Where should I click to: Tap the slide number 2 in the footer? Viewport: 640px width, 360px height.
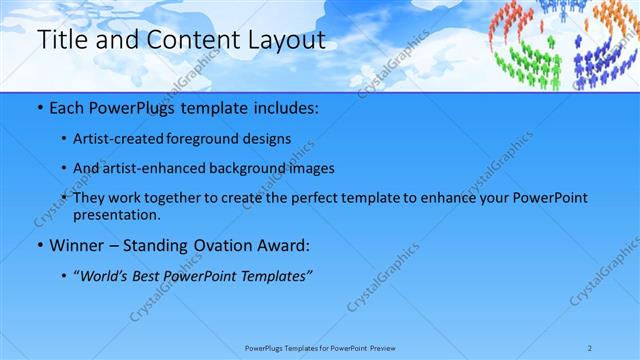tap(618, 348)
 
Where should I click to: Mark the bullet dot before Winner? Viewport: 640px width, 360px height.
tap(38, 245)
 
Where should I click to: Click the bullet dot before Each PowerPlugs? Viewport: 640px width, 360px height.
tap(38, 106)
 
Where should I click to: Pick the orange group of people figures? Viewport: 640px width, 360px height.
tap(610, 25)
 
